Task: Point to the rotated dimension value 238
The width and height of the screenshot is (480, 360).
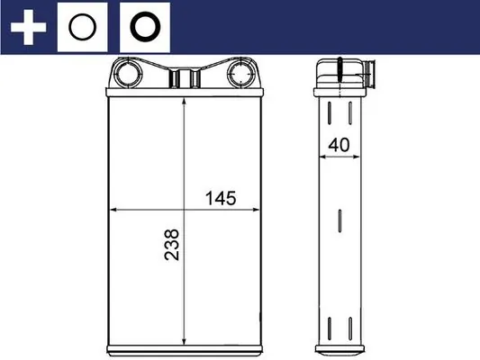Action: [x=171, y=244]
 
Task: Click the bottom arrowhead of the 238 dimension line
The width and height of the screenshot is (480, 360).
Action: [x=184, y=338]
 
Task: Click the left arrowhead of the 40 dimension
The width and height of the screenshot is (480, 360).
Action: [x=322, y=157]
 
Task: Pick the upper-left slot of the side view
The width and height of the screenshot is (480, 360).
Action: [x=331, y=112]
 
